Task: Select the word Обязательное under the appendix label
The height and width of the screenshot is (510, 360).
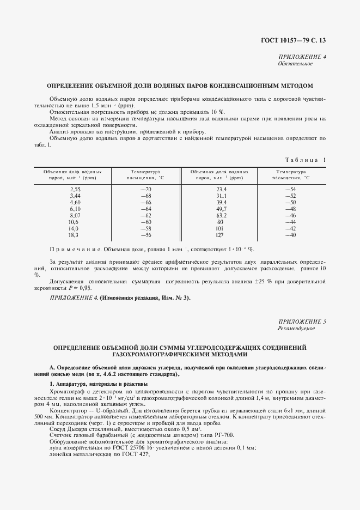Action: (296, 64)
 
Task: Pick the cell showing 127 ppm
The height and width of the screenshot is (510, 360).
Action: (221, 235)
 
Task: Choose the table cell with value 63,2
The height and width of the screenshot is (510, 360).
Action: (221, 215)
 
